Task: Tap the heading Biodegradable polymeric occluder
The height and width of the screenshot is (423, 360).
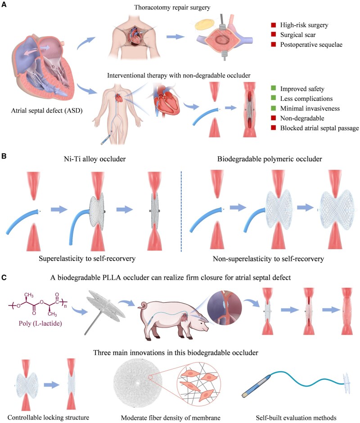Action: [x=264, y=159]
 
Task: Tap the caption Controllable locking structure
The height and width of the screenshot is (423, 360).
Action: [x=44, y=417]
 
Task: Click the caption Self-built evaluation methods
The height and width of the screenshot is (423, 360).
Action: [x=297, y=417]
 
